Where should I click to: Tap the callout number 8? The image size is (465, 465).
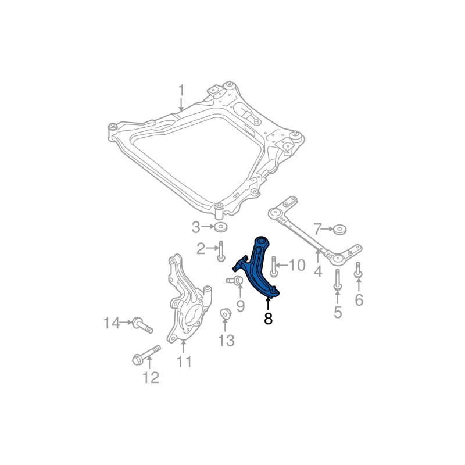pyautogui.click(x=268, y=318)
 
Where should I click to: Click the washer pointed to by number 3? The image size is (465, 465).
pyautogui.click(x=220, y=227)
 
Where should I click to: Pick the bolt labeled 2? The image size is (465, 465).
pyautogui.click(x=221, y=252)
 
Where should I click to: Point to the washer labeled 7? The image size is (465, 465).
pyautogui.click(x=340, y=230)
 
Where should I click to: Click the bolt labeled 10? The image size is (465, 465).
pyautogui.click(x=274, y=267)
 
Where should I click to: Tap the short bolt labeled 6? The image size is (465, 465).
pyautogui.click(x=358, y=270)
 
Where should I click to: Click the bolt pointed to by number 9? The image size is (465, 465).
pyautogui.click(x=235, y=280)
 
